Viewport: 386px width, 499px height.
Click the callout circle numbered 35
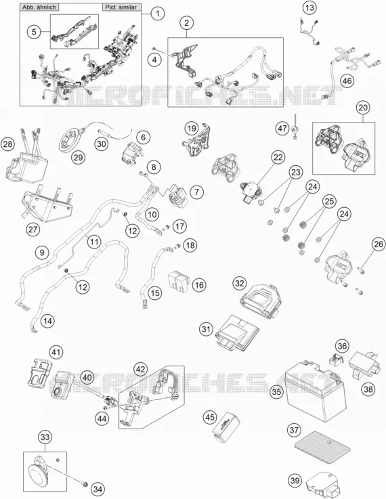tap(276, 391)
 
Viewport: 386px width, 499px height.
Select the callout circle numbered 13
tap(309, 7)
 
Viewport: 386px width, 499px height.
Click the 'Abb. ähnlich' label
tap(39, 7)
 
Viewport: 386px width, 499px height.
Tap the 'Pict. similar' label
tap(121, 7)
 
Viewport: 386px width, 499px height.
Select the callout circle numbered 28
tap(7, 144)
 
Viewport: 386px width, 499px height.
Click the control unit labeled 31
tap(237, 333)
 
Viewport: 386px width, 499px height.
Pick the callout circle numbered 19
tap(191, 129)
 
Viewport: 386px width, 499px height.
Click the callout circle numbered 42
tap(141, 369)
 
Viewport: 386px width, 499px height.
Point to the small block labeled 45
tap(226, 426)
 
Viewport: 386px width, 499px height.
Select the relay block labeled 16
tap(179, 281)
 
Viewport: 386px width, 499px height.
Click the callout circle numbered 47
tap(282, 129)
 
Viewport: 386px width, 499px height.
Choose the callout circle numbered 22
tap(278, 157)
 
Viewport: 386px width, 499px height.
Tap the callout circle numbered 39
tap(295, 480)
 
